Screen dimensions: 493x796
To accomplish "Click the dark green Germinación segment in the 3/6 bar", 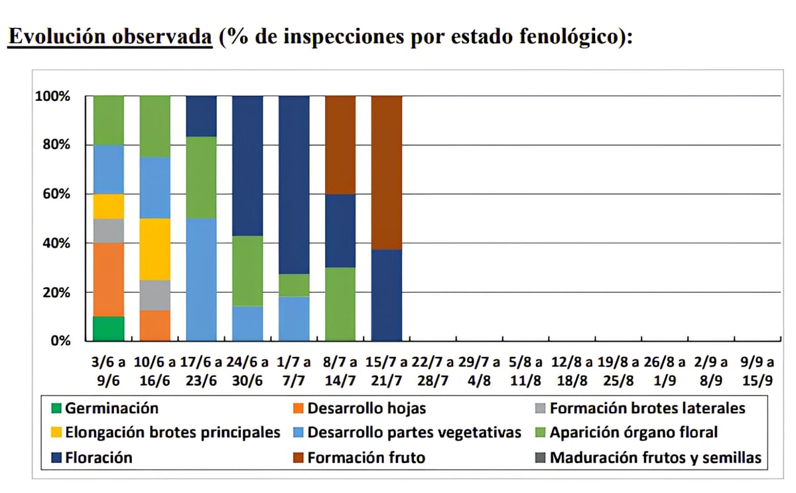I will pyautogui.click(x=108, y=328).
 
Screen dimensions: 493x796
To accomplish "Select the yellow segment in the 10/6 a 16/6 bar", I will pyautogui.click(x=155, y=249).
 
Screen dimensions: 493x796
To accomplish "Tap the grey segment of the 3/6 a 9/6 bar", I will pyautogui.click(x=108, y=230).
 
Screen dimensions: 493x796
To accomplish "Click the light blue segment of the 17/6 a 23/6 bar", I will pyautogui.click(x=201, y=279).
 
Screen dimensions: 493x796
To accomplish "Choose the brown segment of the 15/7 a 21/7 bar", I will pyautogui.click(x=386, y=173).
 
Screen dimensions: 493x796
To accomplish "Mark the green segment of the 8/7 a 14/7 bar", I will pyautogui.click(x=340, y=304).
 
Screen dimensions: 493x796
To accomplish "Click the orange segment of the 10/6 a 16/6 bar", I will pyautogui.click(x=155, y=325).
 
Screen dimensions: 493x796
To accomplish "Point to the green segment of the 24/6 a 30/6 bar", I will pyautogui.click(x=247, y=271).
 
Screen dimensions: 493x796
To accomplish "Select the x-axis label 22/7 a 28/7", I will pyautogui.click(x=432, y=371).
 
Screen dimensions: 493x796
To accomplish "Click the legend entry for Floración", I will pyautogui.click(x=98, y=457).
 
